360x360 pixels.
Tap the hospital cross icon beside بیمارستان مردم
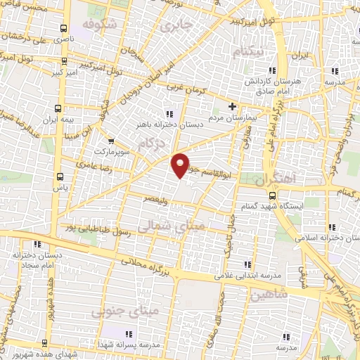pos(232,108)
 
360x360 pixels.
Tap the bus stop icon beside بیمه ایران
pos(58,109)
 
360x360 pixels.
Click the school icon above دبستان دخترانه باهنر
pos(169,114)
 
